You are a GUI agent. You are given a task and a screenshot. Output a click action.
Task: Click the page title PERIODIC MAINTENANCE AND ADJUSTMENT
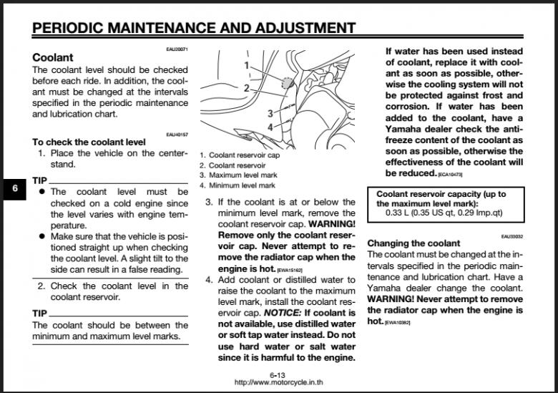tap(194, 28)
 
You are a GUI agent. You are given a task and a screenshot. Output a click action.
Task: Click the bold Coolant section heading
tap(53, 57)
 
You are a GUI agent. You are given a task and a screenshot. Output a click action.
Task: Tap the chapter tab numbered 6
tap(14, 190)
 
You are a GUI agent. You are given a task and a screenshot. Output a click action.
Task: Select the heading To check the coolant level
tap(89, 142)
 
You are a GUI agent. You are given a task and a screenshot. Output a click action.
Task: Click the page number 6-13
tap(278, 375)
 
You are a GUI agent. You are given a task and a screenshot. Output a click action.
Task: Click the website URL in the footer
tap(278, 383)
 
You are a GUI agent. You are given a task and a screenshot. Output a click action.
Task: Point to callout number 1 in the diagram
tap(247, 65)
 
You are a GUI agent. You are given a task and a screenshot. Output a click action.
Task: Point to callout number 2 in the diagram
tap(247, 88)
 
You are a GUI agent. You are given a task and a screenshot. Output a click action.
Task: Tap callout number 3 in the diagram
tap(270, 113)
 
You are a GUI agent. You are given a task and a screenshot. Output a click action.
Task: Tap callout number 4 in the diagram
tap(270, 127)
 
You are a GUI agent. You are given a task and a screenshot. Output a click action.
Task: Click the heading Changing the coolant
tap(413, 243)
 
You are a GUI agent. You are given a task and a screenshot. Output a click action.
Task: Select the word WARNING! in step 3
tap(331, 224)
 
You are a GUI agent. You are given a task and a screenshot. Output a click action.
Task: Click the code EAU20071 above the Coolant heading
tap(177, 49)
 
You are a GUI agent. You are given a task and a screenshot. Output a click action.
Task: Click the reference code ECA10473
tap(450, 174)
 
